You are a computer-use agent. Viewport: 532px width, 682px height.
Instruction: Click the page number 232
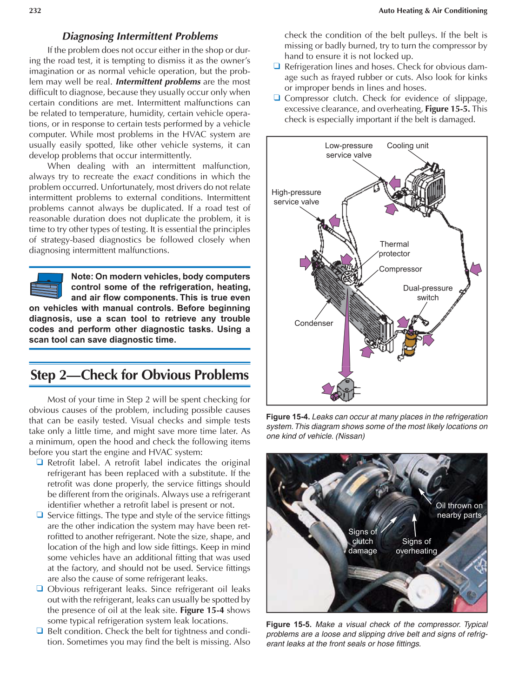(35, 11)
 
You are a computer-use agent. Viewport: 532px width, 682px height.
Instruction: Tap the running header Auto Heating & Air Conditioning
(432, 11)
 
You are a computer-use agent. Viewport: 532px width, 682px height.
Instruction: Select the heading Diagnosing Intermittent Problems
(140, 36)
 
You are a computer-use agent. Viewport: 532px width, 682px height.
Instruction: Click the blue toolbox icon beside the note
(46, 285)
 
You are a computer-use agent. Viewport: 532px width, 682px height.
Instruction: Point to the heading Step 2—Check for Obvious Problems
(140, 375)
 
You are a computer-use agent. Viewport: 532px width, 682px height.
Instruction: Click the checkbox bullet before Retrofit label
(40, 462)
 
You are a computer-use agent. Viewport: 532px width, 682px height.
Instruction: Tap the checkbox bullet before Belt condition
(40, 631)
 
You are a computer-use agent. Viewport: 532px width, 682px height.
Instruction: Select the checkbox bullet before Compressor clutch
(277, 98)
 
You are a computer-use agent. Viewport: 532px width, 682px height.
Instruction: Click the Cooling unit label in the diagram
(407, 146)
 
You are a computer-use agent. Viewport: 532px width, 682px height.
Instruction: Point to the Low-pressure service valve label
(349, 150)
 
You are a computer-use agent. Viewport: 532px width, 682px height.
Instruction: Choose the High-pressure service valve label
(296, 197)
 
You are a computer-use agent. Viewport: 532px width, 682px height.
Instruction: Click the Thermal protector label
(394, 249)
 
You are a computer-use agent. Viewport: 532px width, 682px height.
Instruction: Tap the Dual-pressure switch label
(427, 293)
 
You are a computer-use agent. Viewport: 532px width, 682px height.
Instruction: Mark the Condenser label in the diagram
(313, 323)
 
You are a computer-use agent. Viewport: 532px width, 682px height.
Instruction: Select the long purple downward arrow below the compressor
(346, 335)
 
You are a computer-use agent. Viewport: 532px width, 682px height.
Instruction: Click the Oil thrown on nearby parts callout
(459, 510)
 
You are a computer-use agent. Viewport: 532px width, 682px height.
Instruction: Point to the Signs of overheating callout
(416, 546)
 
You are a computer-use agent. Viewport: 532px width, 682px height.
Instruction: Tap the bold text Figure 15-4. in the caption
(288, 417)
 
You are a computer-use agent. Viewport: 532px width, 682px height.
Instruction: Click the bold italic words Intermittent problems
(158, 82)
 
